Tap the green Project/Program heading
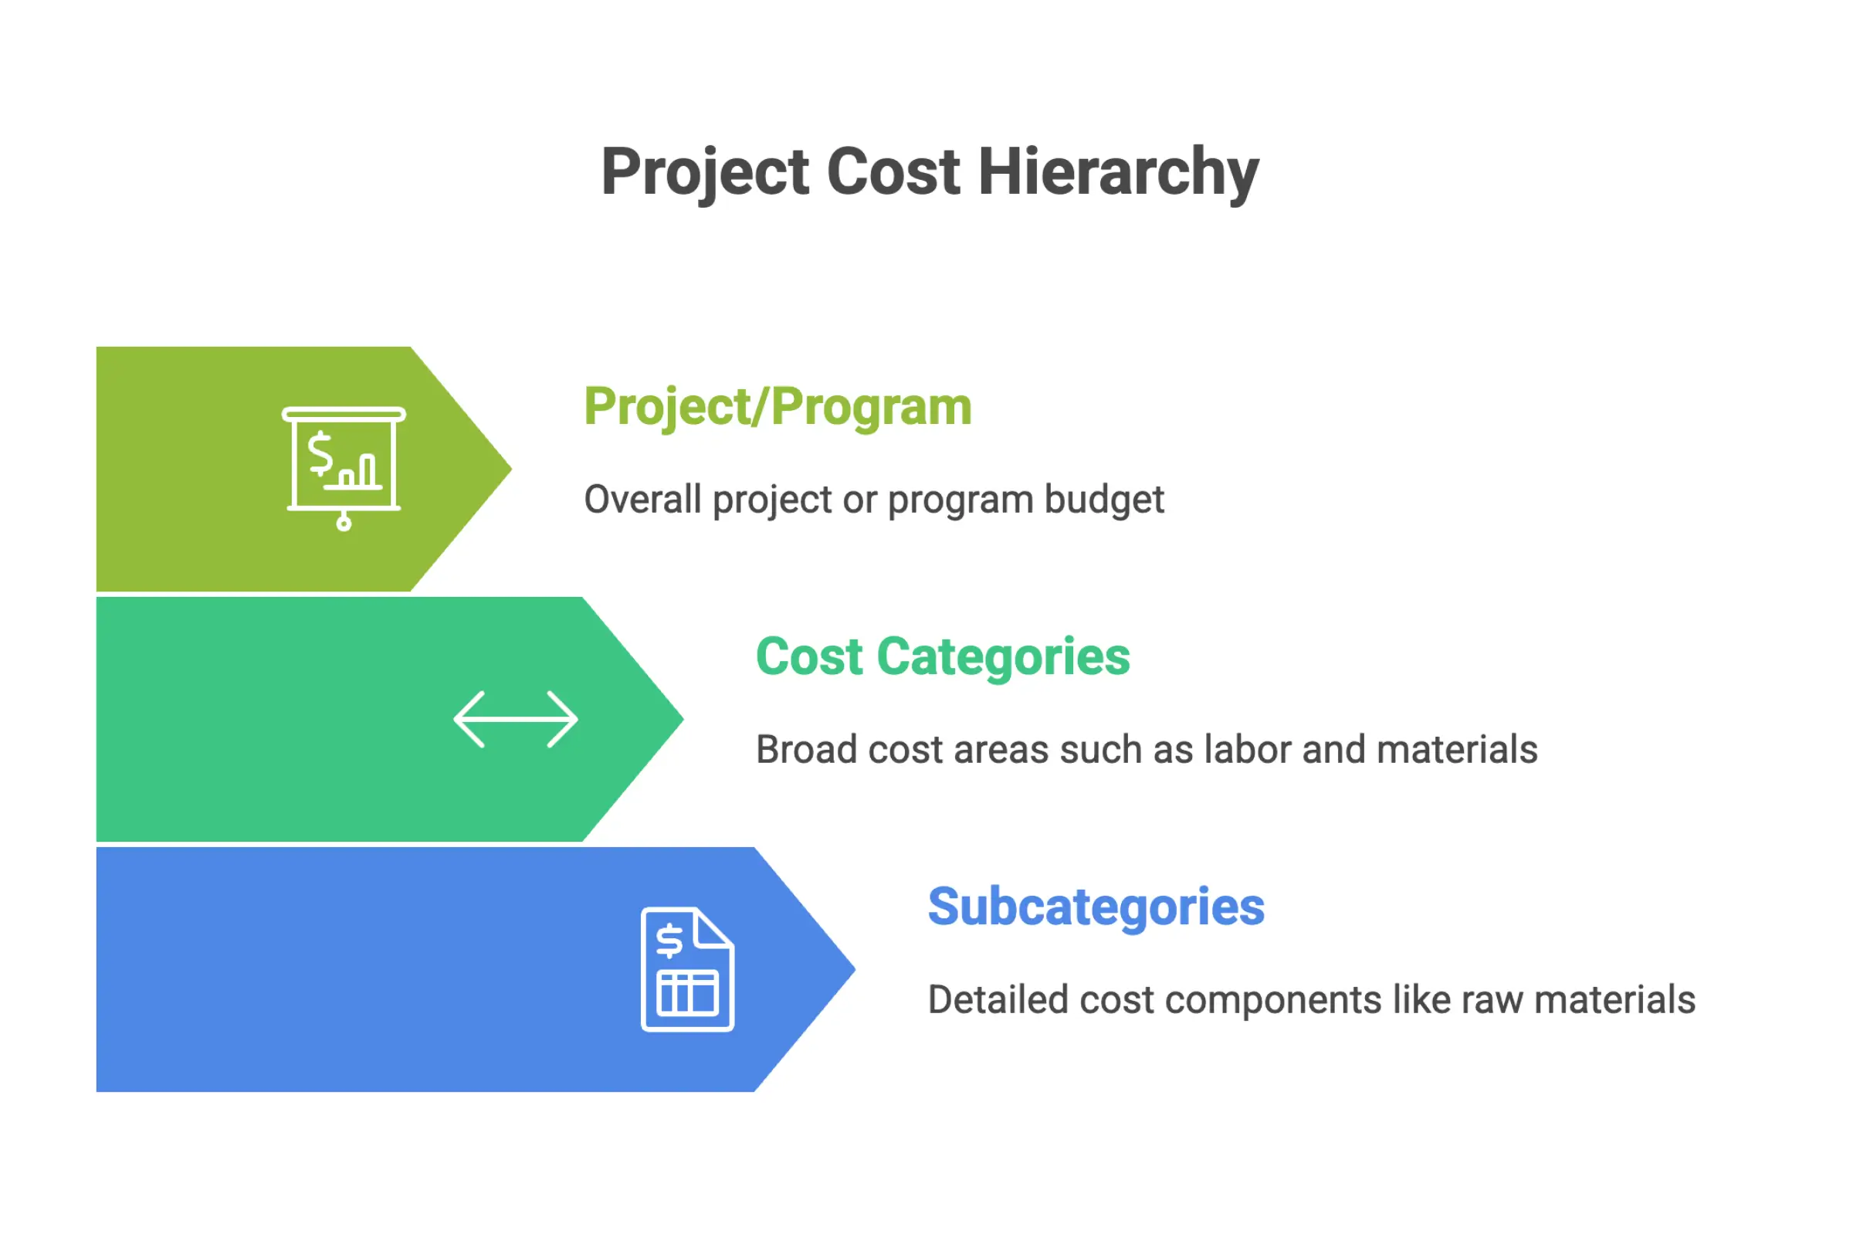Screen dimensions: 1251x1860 [778, 407]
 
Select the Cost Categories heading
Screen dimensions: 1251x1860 [942, 656]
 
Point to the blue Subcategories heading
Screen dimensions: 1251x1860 [1096, 907]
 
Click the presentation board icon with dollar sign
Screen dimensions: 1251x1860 [344, 467]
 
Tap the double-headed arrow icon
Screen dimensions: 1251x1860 [515, 719]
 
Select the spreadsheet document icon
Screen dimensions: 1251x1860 [686, 968]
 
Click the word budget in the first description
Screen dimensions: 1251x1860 [1104, 500]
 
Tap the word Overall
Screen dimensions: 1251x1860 [642, 500]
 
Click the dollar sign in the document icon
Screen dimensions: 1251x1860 [669, 940]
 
